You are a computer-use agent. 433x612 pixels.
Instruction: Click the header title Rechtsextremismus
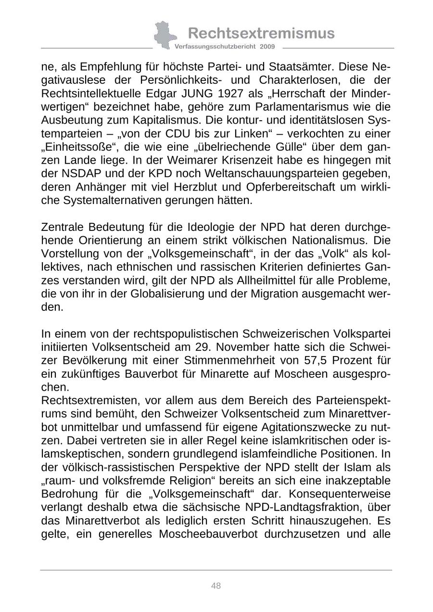(x=261, y=33)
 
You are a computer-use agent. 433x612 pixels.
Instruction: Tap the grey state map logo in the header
(x=163, y=35)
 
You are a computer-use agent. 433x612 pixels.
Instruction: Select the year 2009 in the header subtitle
(x=267, y=47)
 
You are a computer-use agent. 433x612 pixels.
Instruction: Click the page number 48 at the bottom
(x=216, y=586)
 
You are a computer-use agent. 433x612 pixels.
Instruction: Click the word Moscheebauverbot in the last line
(x=205, y=534)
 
